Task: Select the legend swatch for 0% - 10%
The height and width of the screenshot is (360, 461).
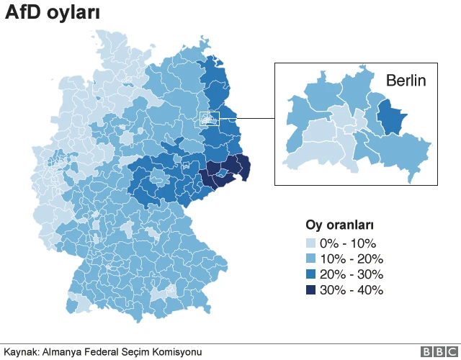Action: click(x=310, y=243)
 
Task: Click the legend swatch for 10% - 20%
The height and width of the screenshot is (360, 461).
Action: click(x=310, y=259)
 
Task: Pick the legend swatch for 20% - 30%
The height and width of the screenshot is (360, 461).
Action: click(x=310, y=275)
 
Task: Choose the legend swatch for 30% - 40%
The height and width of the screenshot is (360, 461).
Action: click(x=310, y=291)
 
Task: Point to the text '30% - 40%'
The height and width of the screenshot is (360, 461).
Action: click(x=352, y=291)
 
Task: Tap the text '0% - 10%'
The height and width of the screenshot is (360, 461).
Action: click(x=348, y=243)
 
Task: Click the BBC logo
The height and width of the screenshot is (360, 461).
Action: click(x=438, y=351)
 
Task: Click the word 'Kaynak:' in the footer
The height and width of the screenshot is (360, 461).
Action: click(x=21, y=352)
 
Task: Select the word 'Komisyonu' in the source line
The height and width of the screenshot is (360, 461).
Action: click(x=177, y=352)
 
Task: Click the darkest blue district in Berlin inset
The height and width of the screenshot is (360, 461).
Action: click(x=390, y=117)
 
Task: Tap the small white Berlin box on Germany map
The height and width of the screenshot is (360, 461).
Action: click(x=208, y=119)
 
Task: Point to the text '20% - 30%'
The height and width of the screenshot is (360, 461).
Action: click(x=352, y=275)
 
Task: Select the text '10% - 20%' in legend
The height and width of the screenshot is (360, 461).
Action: click(x=352, y=259)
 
